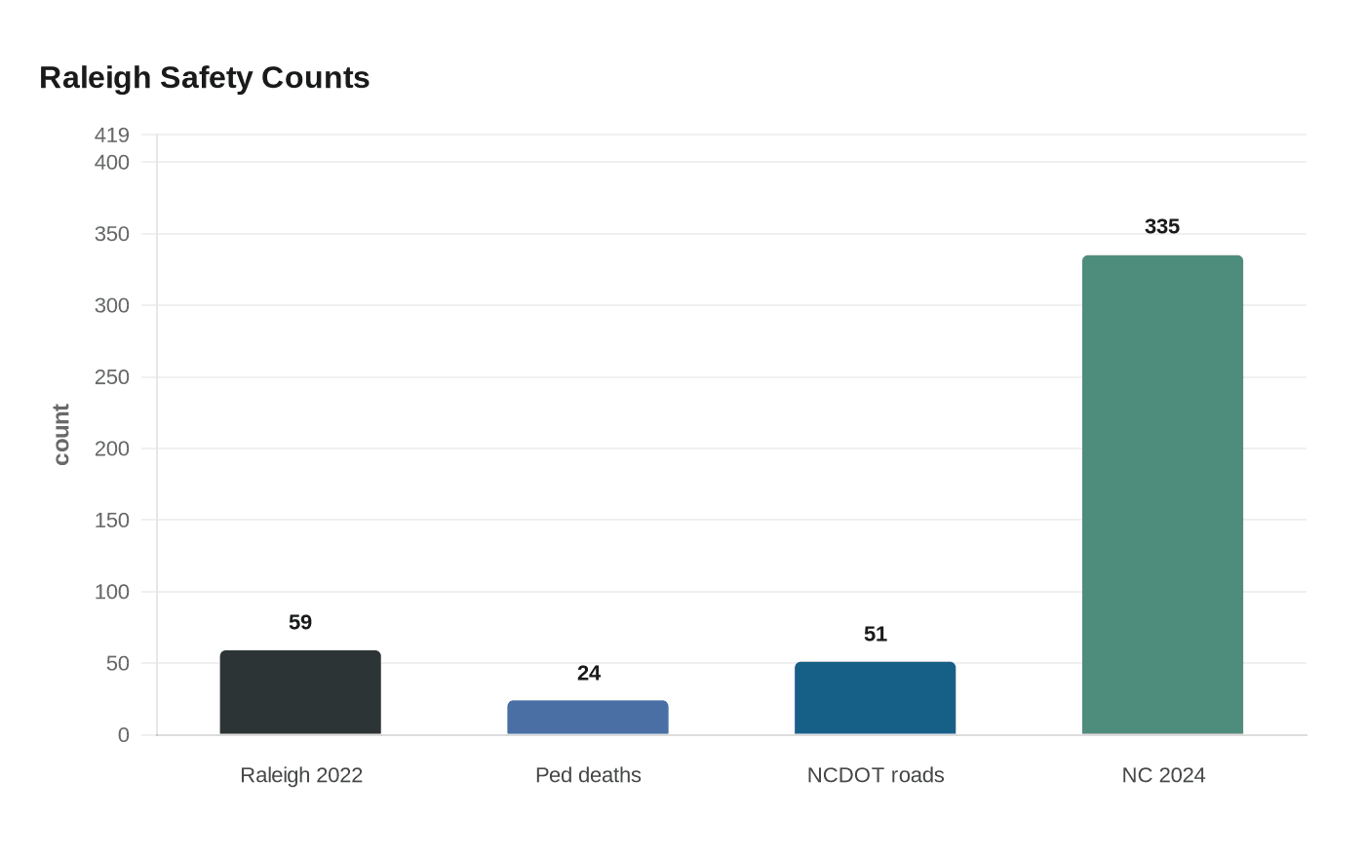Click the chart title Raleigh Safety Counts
coord(205,78)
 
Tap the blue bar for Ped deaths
coord(588,718)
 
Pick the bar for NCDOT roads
coord(876,698)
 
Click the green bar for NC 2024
coord(1162,495)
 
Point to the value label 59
coord(300,622)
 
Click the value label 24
coord(589,673)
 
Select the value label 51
coord(876,634)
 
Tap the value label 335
coord(1162,226)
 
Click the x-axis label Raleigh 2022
coord(301,775)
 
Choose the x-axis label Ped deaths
coord(588,775)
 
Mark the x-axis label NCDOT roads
coord(876,775)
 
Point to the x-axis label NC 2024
coord(1163,775)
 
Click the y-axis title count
coord(61,435)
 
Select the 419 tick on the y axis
coord(112,136)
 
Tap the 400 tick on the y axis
coord(112,163)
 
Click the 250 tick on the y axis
coord(112,377)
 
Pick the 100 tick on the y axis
coord(112,592)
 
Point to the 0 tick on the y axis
coord(124,735)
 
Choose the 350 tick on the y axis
coord(112,234)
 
